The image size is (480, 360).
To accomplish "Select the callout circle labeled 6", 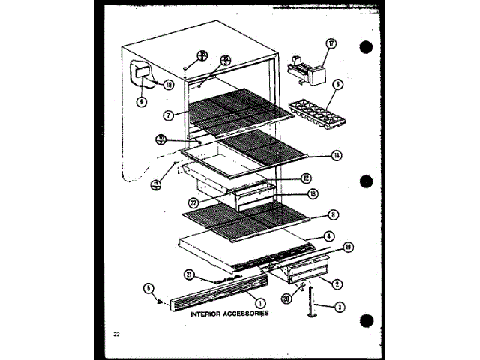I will (337, 85).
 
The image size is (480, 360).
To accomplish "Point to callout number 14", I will (337, 155).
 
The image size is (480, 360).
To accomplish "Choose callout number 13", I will (312, 193).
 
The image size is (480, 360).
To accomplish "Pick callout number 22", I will (193, 200).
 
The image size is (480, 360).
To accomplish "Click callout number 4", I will (328, 235).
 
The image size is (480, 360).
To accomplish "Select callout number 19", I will (348, 247).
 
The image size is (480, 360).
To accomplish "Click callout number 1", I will (260, 302).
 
